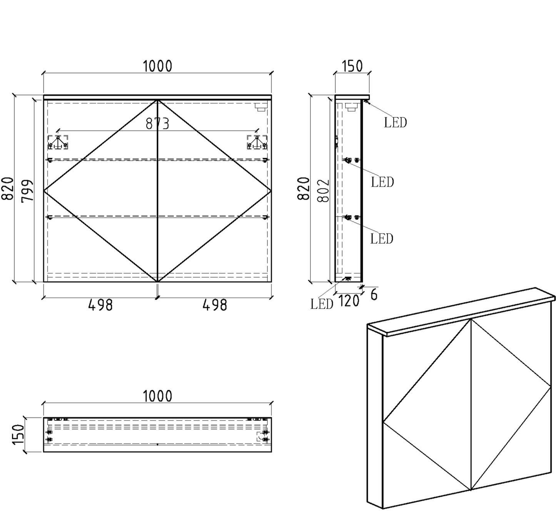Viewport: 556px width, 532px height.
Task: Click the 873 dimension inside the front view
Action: coord(157,124)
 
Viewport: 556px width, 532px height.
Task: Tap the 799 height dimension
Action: coord(27,191)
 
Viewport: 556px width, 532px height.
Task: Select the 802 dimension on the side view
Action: coord(324,190)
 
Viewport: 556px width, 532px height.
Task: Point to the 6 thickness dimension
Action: coord(374,295)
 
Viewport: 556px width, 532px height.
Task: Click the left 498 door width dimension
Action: coord(100,305)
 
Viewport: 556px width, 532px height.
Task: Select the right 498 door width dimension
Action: coord(215,305)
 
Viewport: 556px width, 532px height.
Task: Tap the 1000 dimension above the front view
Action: coord(157,66)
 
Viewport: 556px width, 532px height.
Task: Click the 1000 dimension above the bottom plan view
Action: coord(157,396)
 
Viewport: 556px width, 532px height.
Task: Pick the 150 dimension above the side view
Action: coord(352,66)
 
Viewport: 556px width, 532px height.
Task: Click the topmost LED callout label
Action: coord(395,123)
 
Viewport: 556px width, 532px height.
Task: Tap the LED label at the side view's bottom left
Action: coord(322,304)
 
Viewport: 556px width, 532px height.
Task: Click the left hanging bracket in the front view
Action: coord(58,142)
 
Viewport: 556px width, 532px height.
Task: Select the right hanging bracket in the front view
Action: coord(257,142)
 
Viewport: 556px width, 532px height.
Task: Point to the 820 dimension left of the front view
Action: coord(7,188)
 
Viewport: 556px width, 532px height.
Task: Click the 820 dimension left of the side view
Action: coord(304,188)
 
